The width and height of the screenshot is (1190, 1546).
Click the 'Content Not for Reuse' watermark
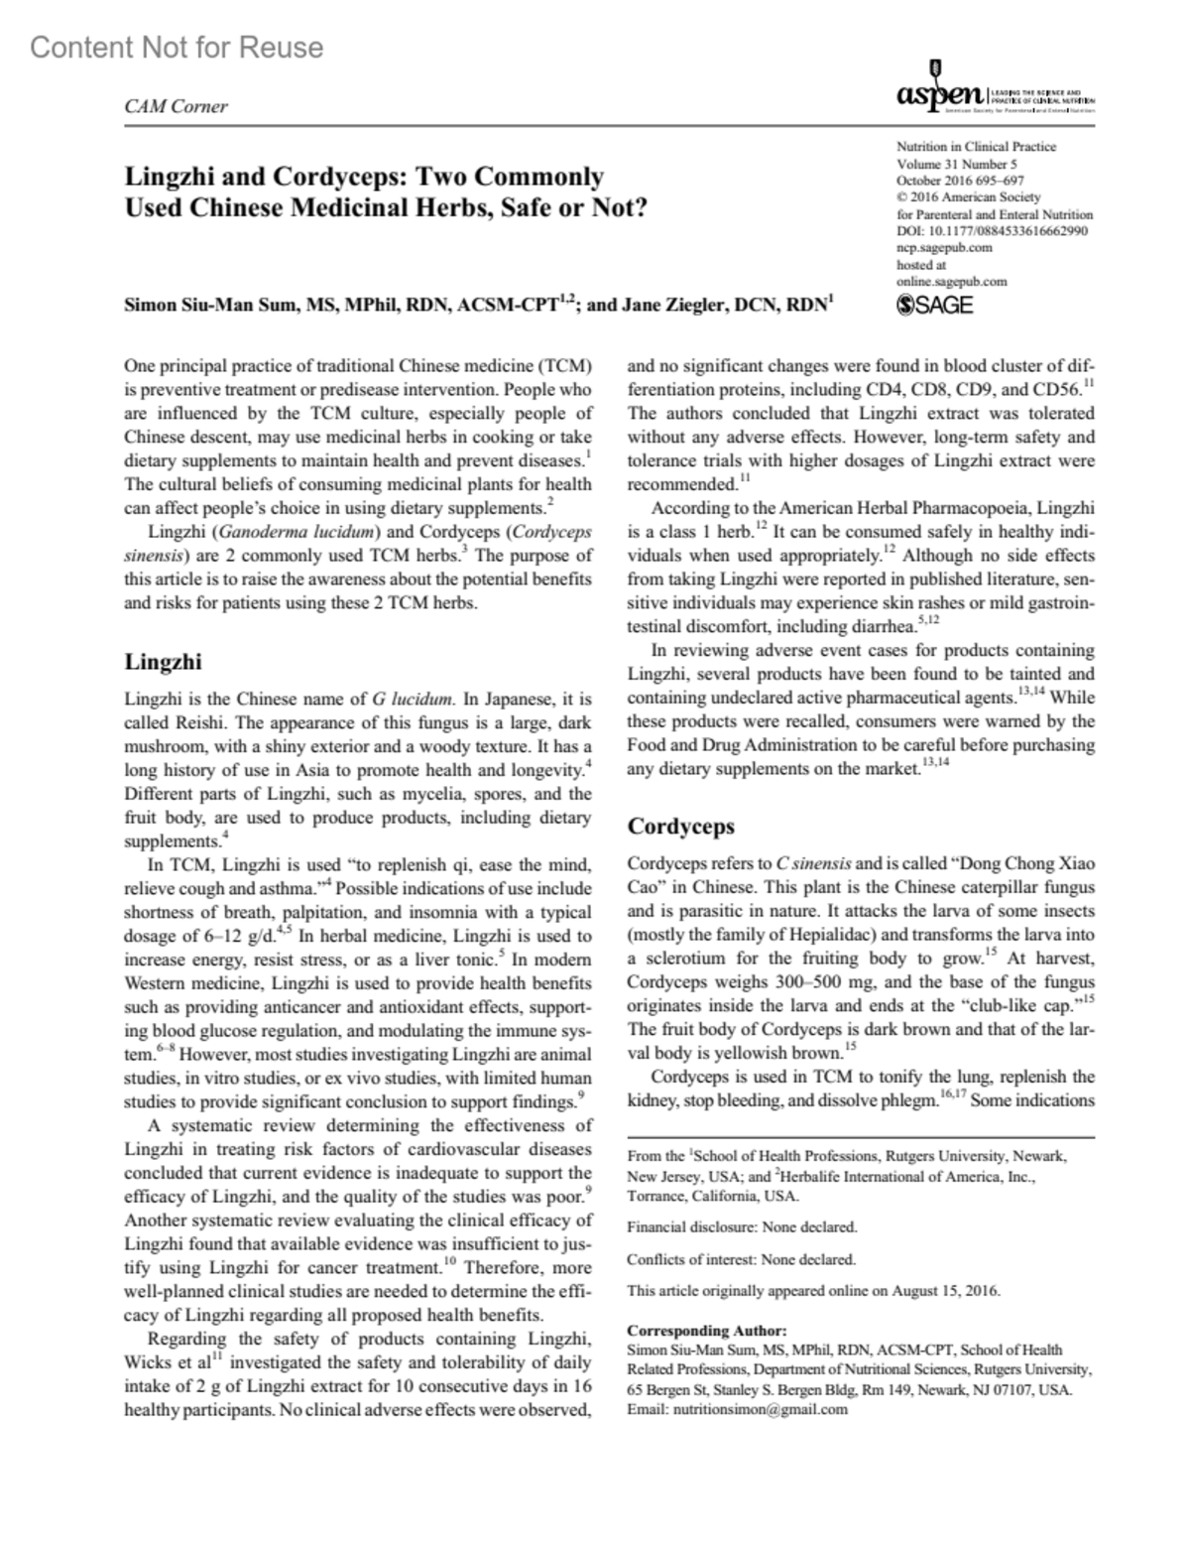click(177, 47)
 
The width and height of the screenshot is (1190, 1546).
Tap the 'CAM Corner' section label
click(176, 106)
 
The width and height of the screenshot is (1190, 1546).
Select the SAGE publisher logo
click(934, 305)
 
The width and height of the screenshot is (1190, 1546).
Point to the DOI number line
click(992, 231)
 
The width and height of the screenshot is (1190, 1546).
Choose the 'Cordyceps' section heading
click(680, 826)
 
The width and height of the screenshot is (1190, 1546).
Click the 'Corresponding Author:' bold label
click(707, 1331)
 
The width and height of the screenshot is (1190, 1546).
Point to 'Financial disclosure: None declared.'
click(742, 1226)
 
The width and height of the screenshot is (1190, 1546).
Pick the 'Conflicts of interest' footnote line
click(741, 1259)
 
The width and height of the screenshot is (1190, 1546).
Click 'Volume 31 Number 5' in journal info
click(956, 164)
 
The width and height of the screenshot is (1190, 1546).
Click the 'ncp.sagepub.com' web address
click(944, 247)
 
